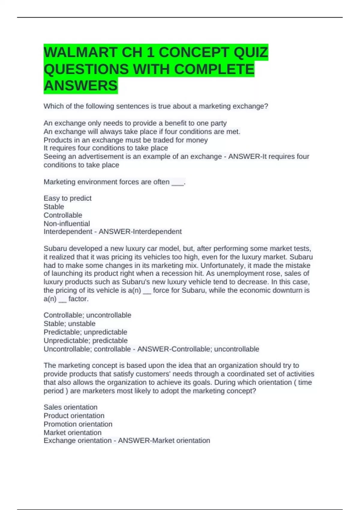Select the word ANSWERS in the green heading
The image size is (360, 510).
[x=80, y=86]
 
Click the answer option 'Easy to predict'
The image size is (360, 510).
[x=67, y=198]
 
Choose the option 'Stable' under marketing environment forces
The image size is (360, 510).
[x=54, y=207]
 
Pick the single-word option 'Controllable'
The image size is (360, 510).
[x=63, y=215]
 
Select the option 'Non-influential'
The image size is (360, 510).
[x=67, y=223]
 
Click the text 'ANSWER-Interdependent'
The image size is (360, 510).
[x=140, y=232]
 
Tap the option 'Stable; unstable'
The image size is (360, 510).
[x=69, y=324]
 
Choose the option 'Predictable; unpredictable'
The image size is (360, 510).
[x=85, y=332]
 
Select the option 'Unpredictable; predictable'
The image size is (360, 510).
[x=85, y=340]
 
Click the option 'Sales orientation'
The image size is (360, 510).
[x=70, y=407]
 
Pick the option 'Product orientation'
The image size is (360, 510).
[x=74, y=415]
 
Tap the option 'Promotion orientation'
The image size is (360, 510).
[x=78, y=424]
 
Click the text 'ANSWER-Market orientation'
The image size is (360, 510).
[x=164, y=440]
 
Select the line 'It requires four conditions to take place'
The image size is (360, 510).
[x=106, y=148]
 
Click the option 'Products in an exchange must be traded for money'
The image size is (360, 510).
[x=125, y=140]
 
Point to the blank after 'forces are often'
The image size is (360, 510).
[x=177, y=182]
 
